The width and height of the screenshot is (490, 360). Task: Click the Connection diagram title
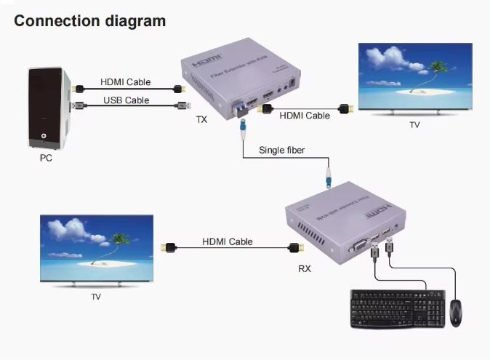[x=90, y=20]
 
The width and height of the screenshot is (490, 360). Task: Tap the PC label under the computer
[x=46, y=157]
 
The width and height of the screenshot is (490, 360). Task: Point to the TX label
[x=201, y=119]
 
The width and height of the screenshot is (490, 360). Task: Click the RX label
[x=305, y=268]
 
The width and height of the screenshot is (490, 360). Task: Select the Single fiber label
[x=282, y=151]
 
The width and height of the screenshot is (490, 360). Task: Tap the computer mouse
[x=455, y=313]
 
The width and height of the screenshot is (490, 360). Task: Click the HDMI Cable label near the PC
[x=126, y=82]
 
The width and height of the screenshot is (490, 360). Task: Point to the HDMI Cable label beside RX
[x=228, y=241]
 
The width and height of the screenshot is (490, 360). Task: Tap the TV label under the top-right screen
[x=414, y=124]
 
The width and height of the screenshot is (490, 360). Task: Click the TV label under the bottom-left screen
[x=96, y=297]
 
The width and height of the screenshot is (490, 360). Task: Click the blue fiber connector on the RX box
[x=329, y=177]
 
